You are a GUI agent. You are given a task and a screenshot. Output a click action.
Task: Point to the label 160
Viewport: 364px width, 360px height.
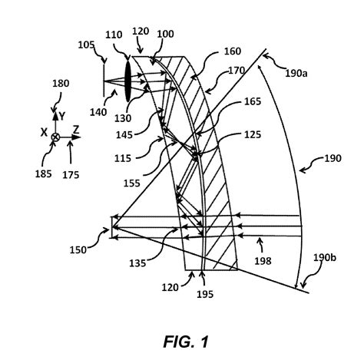[x=210, y=54]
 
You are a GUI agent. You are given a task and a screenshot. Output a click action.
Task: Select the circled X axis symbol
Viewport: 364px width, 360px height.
[x=55, y=137]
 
